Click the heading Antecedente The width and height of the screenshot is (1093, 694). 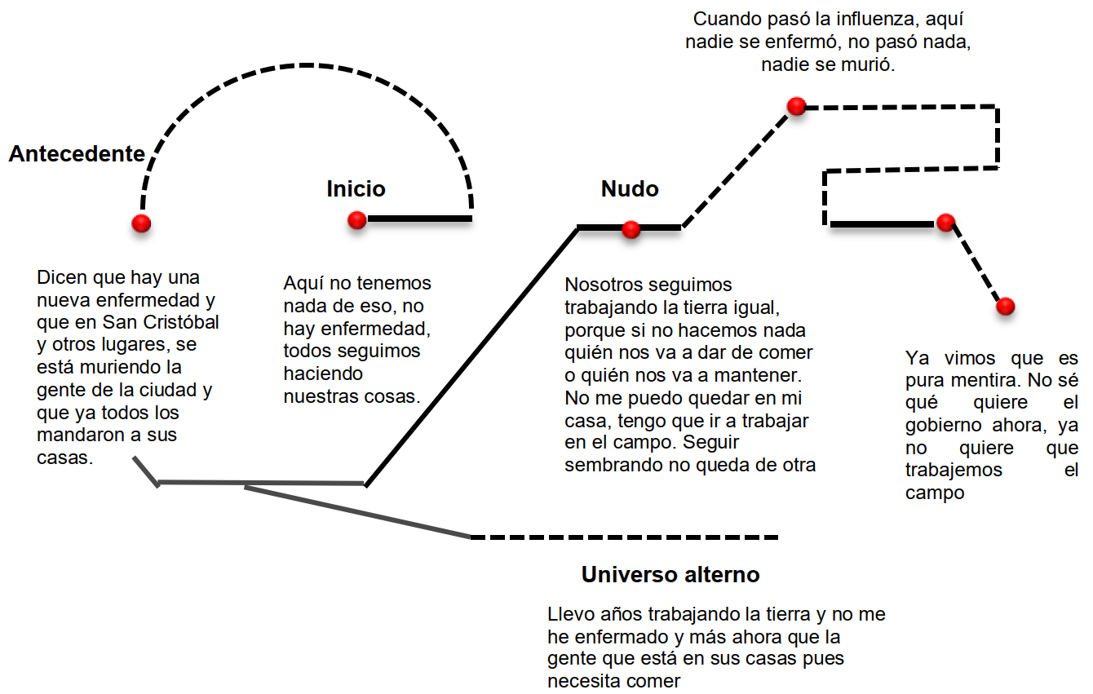pos(77,154)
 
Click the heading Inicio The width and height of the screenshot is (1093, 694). pos(356,189)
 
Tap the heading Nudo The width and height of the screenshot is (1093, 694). pos(630,189)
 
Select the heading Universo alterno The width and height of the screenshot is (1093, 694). pos(670,575)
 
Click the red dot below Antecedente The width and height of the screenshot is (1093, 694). pos(141,223)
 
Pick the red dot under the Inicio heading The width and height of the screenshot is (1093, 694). pos(356,219)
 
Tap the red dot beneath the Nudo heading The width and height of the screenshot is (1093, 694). pos(631,230)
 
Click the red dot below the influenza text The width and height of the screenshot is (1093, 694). pos(796,106)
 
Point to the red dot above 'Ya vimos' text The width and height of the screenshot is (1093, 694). pos(1005,306)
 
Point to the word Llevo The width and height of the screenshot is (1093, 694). pos(571,614)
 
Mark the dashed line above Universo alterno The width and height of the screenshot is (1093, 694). pos(625,537)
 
